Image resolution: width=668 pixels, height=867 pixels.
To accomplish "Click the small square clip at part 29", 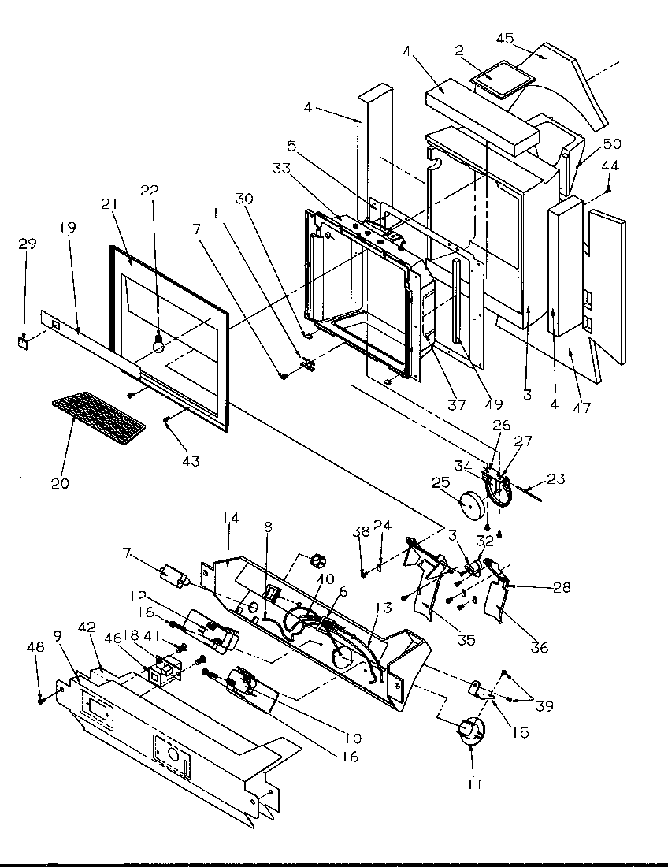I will click(x=24, y=342).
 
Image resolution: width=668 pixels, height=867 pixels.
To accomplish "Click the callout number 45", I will click(x=505, y=38).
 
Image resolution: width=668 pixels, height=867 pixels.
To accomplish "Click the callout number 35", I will click(x=467, y=640).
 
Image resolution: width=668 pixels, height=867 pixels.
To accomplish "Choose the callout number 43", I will click(x=189, y=461).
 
